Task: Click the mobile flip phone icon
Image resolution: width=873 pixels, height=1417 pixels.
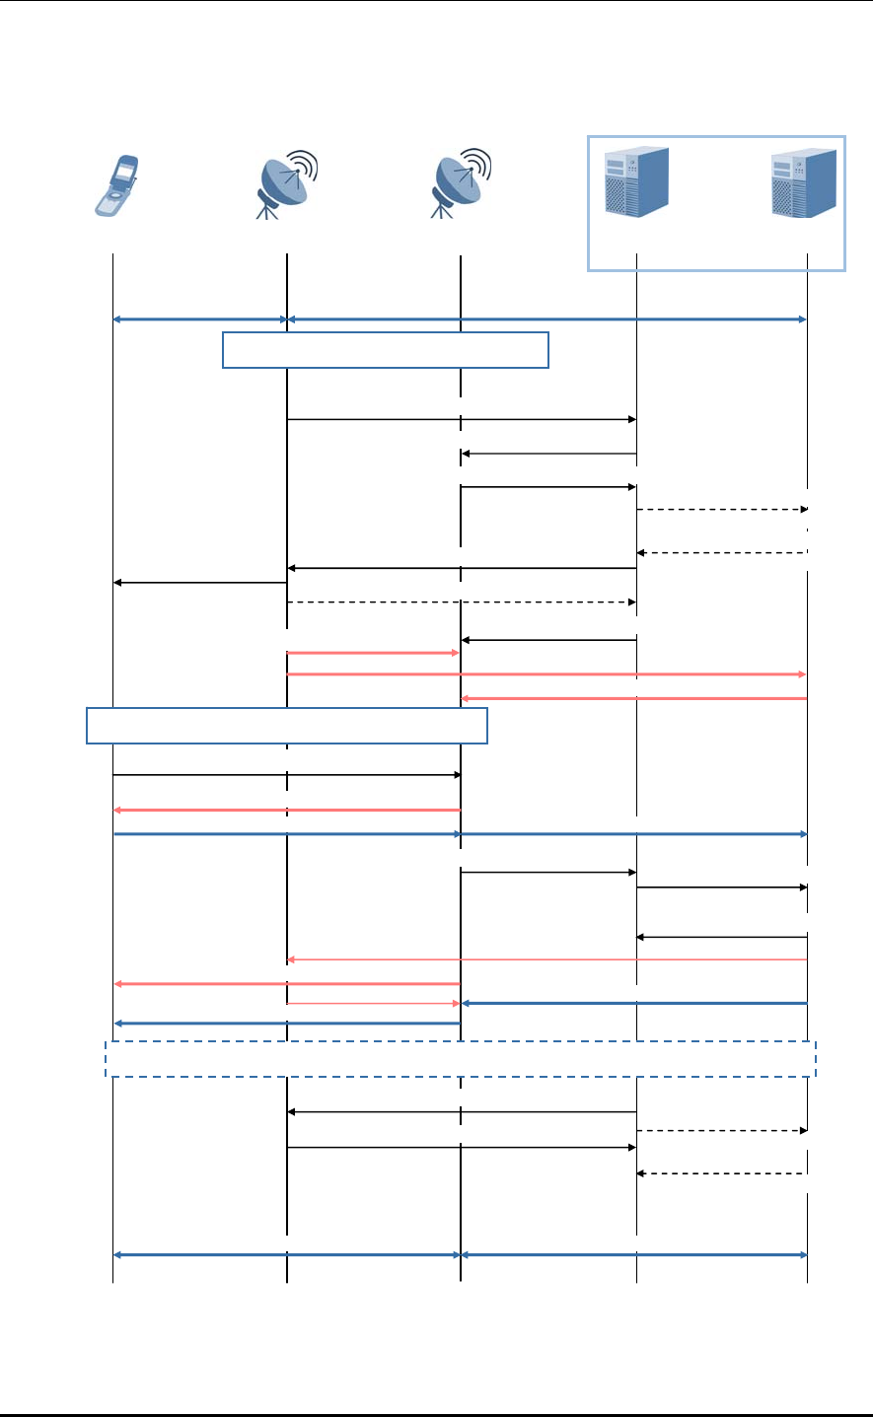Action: (116, 184)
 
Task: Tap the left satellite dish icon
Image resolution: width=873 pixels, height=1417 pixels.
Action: (285, 184)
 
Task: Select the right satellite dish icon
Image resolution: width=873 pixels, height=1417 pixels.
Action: (460, 183)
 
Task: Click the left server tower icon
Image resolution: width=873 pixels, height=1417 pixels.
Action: (637, 181)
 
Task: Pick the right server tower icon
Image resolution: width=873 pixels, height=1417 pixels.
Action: (804, 182)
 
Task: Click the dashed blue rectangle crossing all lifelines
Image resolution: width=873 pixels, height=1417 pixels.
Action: (461, 1058)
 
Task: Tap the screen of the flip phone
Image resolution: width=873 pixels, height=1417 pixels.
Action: (124, 172)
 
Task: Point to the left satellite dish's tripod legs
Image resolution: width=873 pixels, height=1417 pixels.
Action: (267, 208)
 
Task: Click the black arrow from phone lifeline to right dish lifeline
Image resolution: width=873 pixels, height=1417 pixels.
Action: (287, 775)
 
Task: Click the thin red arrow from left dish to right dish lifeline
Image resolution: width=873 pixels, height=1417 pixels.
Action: (374, 1003)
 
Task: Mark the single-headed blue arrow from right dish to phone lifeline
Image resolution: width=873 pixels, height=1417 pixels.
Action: (287, 1024)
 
